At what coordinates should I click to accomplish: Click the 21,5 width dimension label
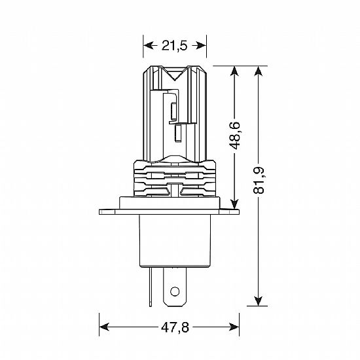click(x=175, y=45)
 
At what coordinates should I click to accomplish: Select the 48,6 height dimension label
click(x=234, y=135)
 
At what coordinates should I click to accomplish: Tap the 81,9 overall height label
click(x=259, y=181)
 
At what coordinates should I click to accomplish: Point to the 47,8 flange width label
click(x=175, y=327)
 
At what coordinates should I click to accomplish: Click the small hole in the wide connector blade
click(x=175, y=291)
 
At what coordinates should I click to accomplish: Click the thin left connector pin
click(x=150, y=287)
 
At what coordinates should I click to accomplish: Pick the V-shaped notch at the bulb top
click(x=175, y=74)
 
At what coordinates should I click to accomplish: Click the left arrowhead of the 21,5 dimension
click(x=149, y=45)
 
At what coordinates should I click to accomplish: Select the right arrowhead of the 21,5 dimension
click(x=201, y=45)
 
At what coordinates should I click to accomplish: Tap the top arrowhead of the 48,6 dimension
click(x=234, y=71)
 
